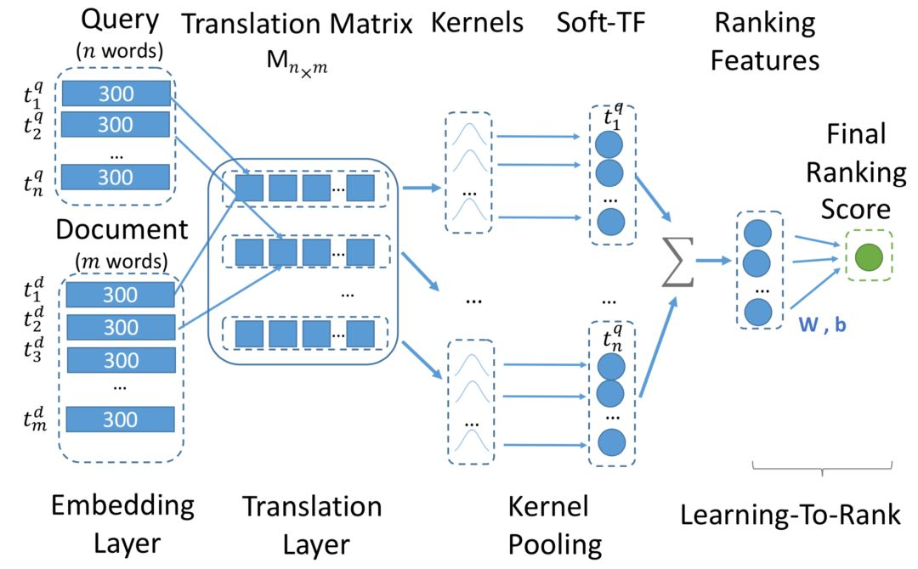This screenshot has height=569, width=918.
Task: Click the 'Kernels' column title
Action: pos(477,23)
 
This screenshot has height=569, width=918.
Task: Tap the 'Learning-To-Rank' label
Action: pos(790,515)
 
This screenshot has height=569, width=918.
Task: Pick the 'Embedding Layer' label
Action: pos(122,523)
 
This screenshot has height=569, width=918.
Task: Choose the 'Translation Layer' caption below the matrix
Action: pos(312,523)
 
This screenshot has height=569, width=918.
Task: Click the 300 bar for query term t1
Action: pos(116,93)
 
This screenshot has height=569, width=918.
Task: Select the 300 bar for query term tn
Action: pos(116,177)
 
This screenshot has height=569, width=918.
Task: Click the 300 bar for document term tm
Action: pos(120,419)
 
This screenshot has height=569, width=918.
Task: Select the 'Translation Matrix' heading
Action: pos(297,23)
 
